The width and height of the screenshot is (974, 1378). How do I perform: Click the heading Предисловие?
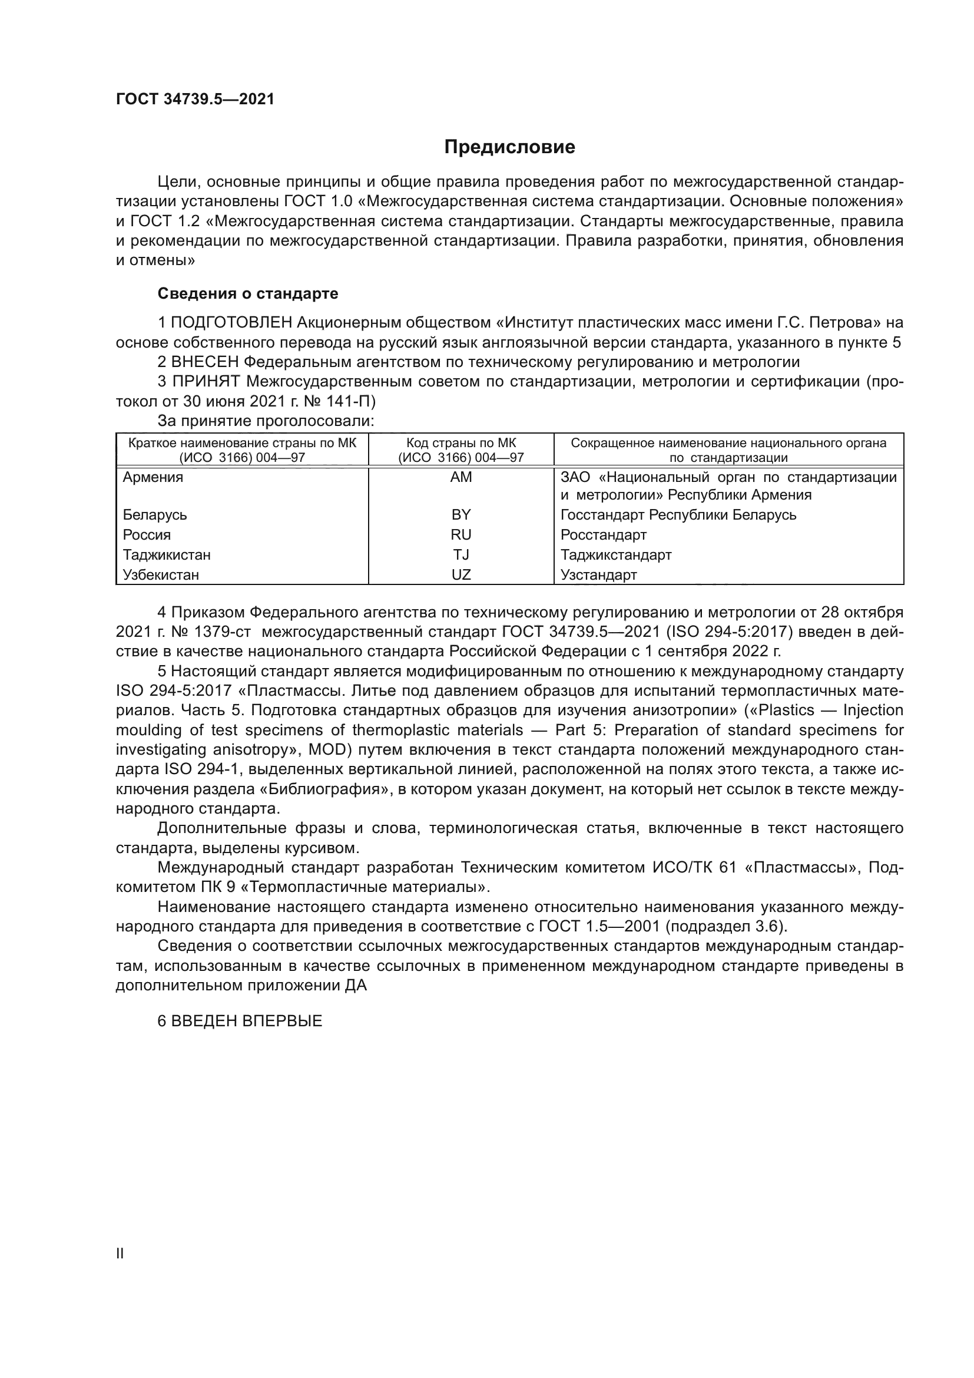click(x=509, y=147)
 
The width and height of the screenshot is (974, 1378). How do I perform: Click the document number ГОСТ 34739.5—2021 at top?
click(x=195, y=99)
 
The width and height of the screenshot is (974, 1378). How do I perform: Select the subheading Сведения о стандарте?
click(x=248, y=293)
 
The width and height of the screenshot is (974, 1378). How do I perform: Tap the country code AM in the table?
click(x=461, y=477)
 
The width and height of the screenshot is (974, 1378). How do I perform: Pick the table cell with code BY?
click(x=461, y=515)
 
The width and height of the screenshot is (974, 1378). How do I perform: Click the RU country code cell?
click(x=461, y=535)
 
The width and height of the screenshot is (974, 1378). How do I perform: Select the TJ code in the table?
click(x=461, y=554)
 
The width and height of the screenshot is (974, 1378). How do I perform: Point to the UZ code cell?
click(x=461, y=574)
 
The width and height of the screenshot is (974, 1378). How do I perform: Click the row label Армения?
click(x=153, y=477)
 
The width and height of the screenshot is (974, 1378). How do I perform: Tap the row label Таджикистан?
click(x=167, y=554)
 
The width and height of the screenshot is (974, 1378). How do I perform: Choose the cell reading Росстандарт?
click(x=604, y=535)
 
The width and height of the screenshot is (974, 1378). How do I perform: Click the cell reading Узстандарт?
click(x=598, y=574)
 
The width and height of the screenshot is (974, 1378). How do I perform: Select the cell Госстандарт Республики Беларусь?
click(x=678, y=515)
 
